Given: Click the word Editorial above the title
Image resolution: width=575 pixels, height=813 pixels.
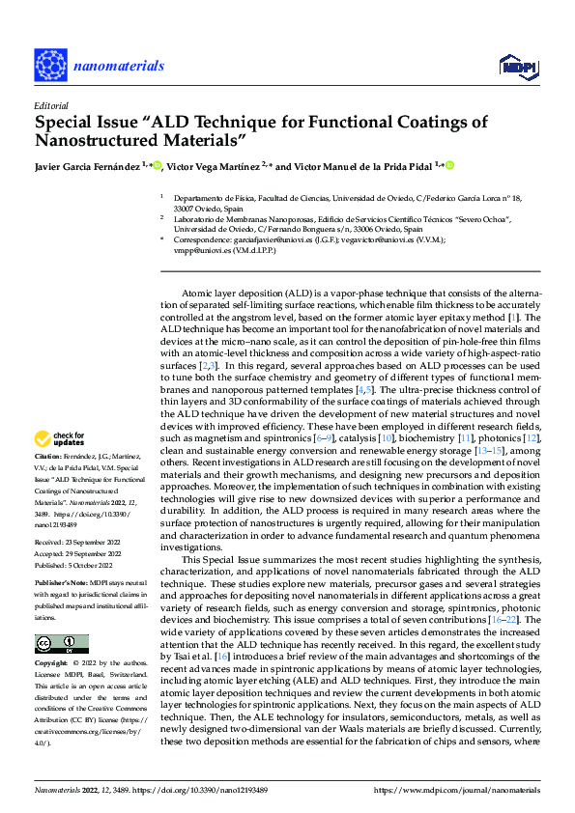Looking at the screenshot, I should [50, 105].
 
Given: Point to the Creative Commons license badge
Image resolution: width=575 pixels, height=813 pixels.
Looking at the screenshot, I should [62, 643].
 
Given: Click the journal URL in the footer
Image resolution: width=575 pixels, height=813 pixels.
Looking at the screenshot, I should [464, 791].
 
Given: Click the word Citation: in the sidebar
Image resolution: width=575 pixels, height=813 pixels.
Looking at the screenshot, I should [48, 454].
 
